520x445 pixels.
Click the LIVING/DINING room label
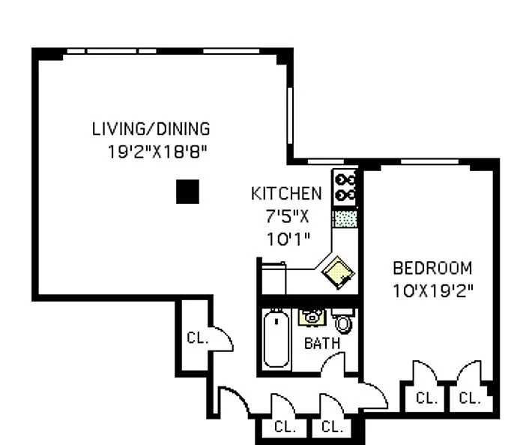point(151,129)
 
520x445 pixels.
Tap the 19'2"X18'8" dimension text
point(157,152)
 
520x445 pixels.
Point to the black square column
point(188,191)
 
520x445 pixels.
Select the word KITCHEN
point(286,194)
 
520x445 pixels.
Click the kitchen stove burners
point(345,188)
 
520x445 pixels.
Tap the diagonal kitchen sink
point(338,272)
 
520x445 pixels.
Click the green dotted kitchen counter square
point(345,219)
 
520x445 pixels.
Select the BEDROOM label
point(432,268)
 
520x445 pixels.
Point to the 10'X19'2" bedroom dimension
point(433,291)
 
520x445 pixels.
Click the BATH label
point(322,344)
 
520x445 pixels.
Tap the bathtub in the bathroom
point(276,338)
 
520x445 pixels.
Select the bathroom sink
point(312,317)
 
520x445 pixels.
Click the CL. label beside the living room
point(198,338)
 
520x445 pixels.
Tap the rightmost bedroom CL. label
point(470,398)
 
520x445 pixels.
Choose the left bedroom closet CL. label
point(426,398)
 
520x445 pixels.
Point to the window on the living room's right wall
point(290,116)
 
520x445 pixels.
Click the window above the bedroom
point(430,162)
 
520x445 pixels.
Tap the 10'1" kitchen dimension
point(288,239)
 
